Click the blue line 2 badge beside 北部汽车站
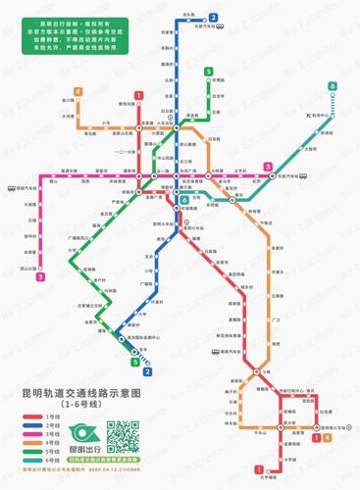[213, 18]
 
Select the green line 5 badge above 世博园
[209, 72]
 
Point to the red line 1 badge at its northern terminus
[139, 94]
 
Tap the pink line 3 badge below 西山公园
[41, 277]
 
